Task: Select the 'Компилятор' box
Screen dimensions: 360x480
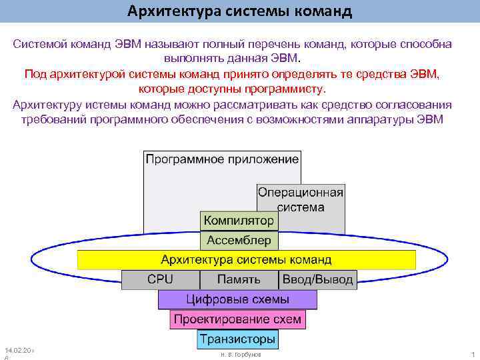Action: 239,220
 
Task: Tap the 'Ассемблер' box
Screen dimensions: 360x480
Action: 239,240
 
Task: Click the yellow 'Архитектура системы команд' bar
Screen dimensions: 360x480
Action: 246,259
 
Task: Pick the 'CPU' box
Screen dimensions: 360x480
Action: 160,279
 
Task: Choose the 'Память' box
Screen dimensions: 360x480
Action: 239,279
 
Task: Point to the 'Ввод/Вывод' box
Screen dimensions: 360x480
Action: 318,279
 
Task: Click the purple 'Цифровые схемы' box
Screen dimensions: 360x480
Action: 238,299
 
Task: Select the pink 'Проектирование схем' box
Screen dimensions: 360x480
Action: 238,319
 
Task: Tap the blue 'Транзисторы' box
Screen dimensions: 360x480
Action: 238,339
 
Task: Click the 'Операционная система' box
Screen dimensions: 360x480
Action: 301,199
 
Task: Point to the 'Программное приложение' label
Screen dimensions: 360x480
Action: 222,159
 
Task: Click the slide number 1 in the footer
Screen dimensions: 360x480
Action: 472,355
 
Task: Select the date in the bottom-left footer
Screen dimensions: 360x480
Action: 19,350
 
